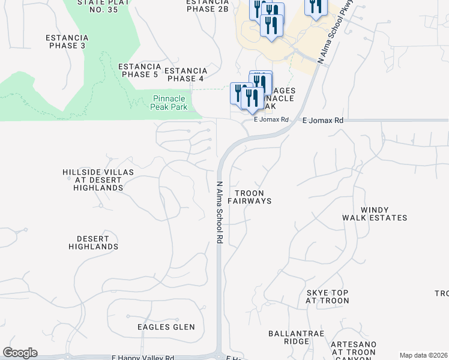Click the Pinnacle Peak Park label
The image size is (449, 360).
170,103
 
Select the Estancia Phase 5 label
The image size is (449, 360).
140,70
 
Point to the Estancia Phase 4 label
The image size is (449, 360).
185,74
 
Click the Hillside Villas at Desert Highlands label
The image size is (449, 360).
98,179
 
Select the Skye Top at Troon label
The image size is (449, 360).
327,296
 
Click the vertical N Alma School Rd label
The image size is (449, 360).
220,212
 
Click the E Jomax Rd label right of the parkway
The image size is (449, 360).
323,121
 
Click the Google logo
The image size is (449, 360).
20,353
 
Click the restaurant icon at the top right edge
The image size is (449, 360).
316,7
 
